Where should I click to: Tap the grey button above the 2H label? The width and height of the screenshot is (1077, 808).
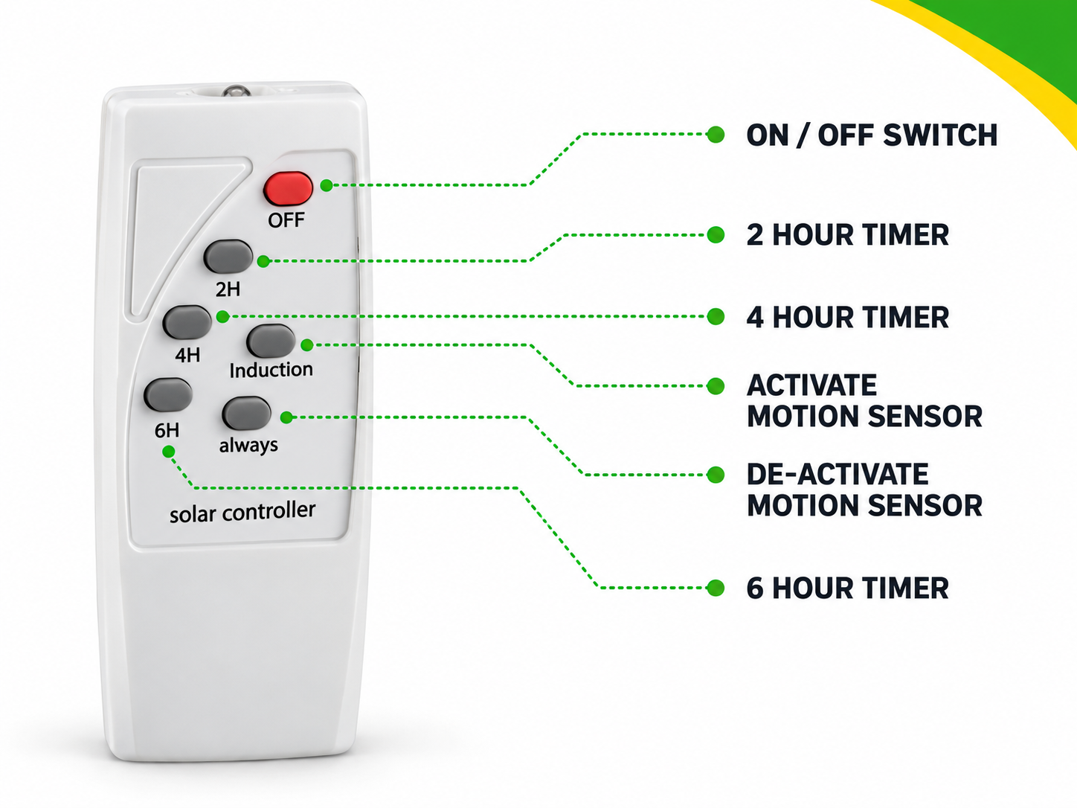[228, 256]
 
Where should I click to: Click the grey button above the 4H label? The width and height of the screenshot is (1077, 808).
[187, 322]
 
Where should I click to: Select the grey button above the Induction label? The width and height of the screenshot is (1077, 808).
[271, 341]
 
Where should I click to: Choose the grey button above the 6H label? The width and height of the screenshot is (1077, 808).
[168, 394]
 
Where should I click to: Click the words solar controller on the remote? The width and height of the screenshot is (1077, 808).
[242, 512]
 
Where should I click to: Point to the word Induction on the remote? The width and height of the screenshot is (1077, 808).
[271, 370]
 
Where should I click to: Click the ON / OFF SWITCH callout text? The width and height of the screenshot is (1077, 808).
[872, 135]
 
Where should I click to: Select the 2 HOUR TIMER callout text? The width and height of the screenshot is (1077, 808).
[847, 235]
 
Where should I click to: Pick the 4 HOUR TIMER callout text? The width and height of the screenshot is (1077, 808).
[847, 317]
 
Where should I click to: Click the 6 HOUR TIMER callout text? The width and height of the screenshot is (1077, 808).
[847, 588]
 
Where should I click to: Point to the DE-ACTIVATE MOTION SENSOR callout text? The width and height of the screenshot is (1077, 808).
[864, 490]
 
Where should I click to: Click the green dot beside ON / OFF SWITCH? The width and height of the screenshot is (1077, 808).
[716, 135]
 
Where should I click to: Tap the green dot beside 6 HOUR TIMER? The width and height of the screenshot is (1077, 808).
[716, 588]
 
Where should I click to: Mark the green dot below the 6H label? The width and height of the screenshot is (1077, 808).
[168, 452]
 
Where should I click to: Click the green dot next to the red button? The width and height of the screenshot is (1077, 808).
[327, 185]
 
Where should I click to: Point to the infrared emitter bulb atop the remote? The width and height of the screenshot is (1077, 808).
[236, 92]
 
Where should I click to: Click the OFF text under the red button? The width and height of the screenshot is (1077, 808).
[286, 220]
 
